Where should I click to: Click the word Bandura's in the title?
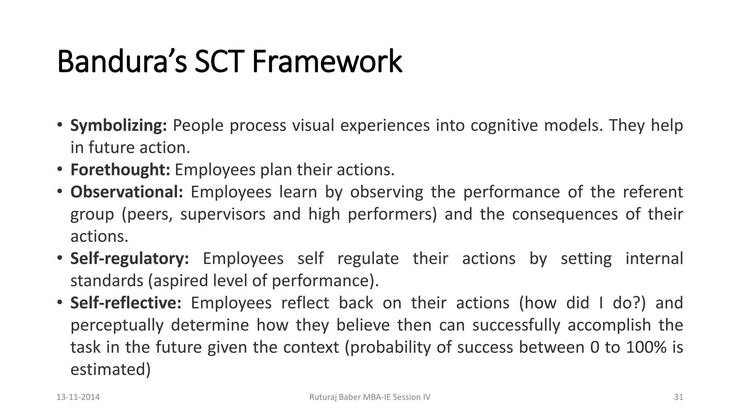click(122, 61)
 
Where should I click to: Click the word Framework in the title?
click(327, 61)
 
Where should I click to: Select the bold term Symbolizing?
click(119, 126)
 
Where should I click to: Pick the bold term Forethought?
click(120, 170)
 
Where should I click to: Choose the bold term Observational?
click(127, 192)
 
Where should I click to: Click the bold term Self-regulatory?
click(129, 259)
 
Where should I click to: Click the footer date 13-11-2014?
click(78, 397)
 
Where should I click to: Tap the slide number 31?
click(679, 397)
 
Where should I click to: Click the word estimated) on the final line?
click(110, 369)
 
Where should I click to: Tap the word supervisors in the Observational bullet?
click(223, 214)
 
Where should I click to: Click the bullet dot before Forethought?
click(60, 169)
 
